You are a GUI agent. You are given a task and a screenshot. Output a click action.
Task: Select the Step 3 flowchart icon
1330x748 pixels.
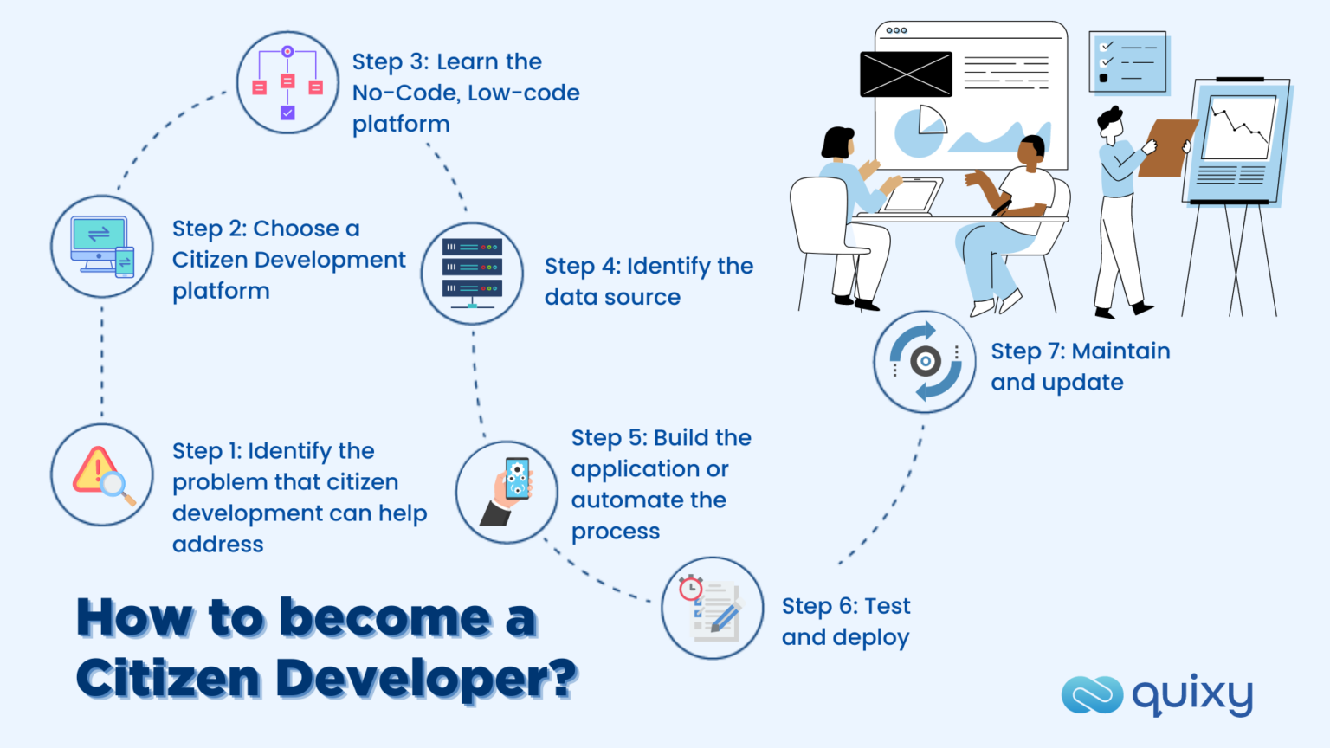(x=287, y=83)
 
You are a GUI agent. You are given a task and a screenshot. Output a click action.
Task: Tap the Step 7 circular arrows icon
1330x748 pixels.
(x=925, y=361)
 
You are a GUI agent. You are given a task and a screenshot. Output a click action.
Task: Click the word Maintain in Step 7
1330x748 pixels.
(x=1120, y=351)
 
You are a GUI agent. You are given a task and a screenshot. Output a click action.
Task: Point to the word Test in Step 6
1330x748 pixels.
(x=887, y=606)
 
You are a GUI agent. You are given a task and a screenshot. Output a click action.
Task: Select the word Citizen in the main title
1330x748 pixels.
(x=168, y=678)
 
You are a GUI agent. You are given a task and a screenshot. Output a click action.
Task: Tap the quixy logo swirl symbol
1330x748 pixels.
(x=1092, y=694)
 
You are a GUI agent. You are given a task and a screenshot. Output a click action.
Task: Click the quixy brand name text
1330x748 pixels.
(x=1192, y=695)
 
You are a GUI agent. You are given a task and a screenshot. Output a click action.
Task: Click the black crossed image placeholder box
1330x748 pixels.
(x=906, y=74)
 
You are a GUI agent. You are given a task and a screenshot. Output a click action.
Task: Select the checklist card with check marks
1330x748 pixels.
(x=1127, y=62)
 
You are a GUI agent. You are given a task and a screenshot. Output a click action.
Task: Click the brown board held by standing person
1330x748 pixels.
(x=1167, y=148)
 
